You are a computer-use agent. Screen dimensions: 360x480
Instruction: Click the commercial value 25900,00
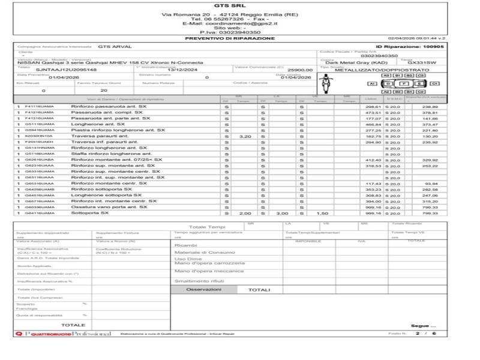click(x=300, y=70)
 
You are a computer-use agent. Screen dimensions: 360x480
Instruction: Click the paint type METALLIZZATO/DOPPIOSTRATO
click(x=374, y=70)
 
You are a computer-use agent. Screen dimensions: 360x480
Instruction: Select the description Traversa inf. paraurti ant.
click(x=104, y=142)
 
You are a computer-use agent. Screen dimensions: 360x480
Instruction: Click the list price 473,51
click(x=373, y=112)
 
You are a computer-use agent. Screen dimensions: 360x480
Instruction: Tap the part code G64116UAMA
click(x=40, y=213)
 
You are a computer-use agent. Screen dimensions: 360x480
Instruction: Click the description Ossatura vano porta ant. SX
click(x=109, y=207)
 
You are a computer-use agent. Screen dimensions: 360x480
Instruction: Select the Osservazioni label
click(x=203, y=289)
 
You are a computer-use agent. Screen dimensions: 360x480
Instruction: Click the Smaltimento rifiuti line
click(x=199, y=280)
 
